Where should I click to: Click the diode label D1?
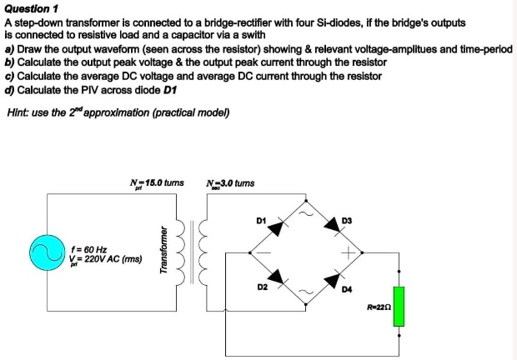click(x=260, y=220)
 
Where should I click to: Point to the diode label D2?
click(x=262, y=287)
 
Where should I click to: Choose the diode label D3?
click(x=347, y=220)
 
